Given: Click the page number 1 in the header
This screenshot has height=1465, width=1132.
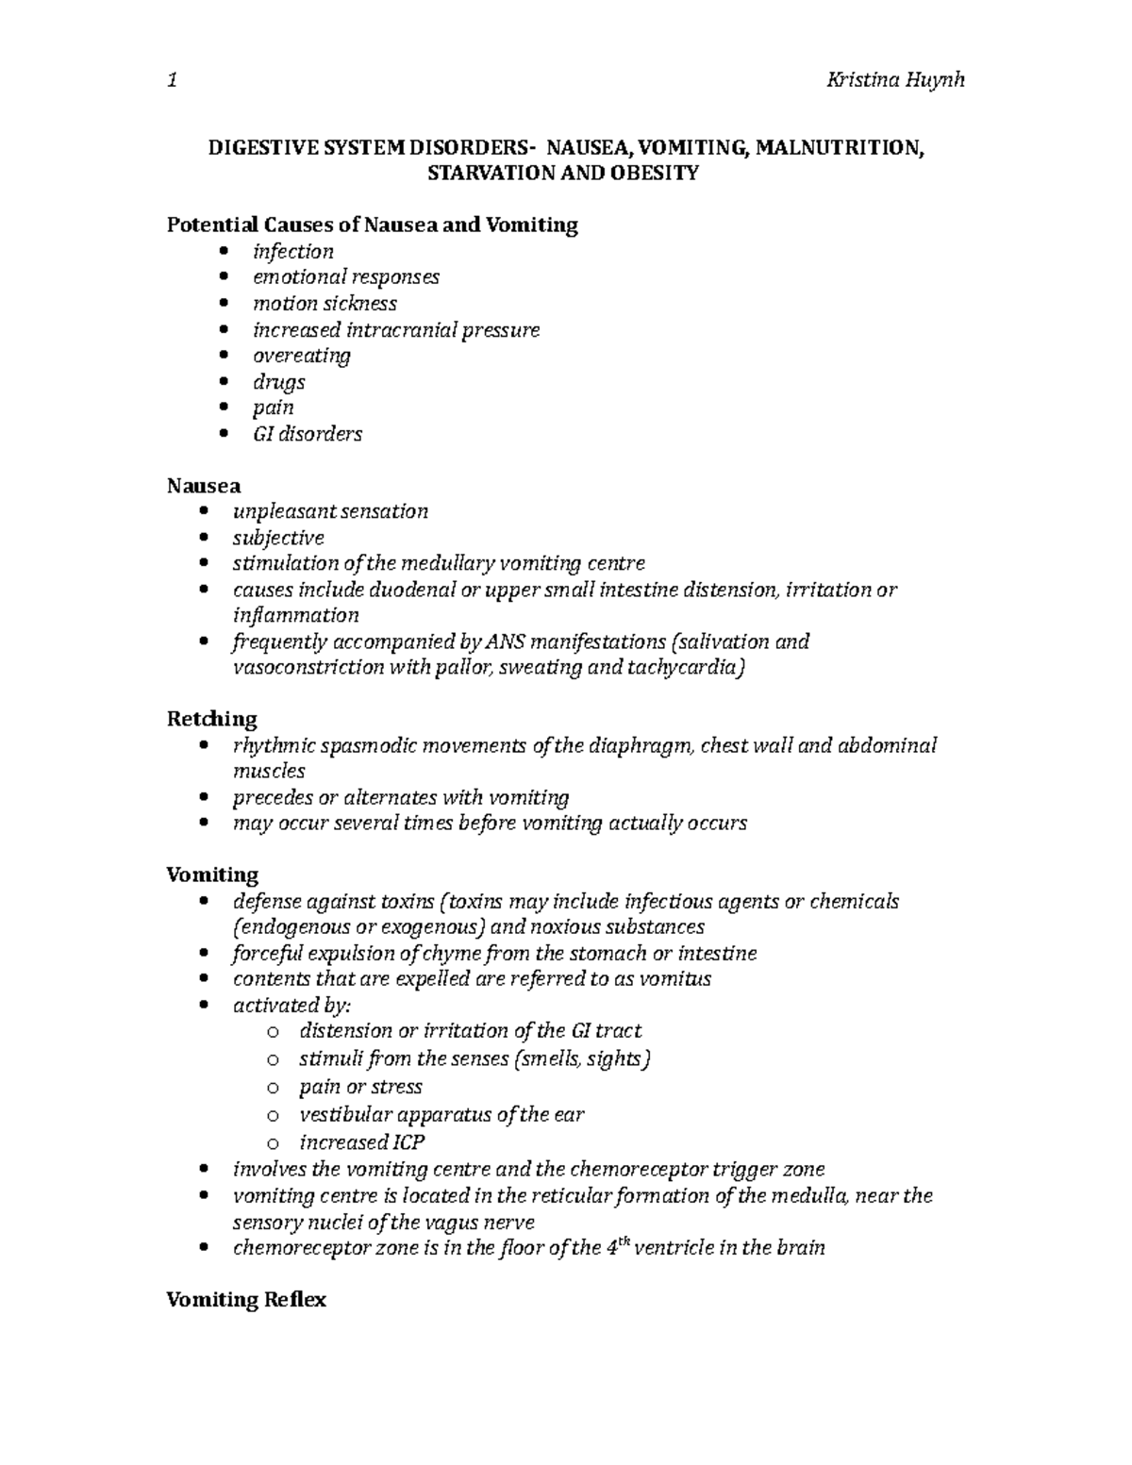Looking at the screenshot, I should click(x=171, y=80).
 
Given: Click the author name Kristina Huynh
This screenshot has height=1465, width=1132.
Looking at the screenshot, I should click(x=894, y=80).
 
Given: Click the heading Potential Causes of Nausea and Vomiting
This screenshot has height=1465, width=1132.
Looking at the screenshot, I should click(x=372, y=225).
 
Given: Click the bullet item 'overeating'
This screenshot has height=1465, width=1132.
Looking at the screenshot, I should click(x=301, y=356).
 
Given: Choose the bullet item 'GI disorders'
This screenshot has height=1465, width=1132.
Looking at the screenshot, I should click(x=307, y=434).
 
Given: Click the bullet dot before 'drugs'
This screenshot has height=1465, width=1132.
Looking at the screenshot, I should click(x=223, y=383).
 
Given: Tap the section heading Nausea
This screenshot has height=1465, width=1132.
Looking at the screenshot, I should click(x=203, y=486).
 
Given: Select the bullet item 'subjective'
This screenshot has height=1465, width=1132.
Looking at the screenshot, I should click(x=278, y=538).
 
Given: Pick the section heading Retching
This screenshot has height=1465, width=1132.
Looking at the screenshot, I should click(x=211, y=719).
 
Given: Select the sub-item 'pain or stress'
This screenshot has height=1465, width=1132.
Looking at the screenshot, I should click(x=360, y=1087).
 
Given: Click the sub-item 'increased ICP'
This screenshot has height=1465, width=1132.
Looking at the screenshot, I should click(x=361, y=1142).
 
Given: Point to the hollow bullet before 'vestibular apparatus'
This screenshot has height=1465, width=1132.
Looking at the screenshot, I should click(x=274, y=1116).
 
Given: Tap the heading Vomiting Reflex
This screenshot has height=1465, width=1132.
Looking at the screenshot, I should click(x=246, y=1300).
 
